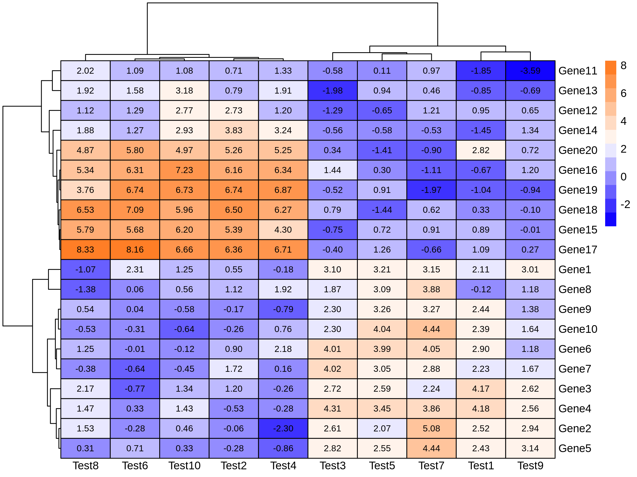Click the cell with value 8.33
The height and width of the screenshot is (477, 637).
(85, 250)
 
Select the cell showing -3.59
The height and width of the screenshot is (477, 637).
(530, 71)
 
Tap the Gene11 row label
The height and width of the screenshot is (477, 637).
(578, 71)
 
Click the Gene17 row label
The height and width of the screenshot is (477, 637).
(578, 250)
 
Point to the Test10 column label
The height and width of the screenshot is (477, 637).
(184, 466)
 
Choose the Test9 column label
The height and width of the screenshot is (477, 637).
(530, 466)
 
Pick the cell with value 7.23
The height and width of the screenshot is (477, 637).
(184, 170)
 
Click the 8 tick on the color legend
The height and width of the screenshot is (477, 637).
(623, 65)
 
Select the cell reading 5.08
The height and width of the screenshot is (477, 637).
(431, 429)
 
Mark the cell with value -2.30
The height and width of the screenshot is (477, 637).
(283, 429)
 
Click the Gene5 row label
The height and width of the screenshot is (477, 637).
(575, 448)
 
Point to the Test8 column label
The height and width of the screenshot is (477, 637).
(85, 466)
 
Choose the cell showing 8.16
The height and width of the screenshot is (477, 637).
(135, 250)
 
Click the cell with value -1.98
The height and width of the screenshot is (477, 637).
(332, 91)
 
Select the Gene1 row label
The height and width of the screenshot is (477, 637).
(575, 270)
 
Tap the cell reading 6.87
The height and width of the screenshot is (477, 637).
(283, 190)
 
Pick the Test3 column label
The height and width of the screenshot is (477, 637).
(332, 466)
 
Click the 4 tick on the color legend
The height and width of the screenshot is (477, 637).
(623, 121)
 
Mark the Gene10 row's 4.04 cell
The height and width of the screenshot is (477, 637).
(382, 329)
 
